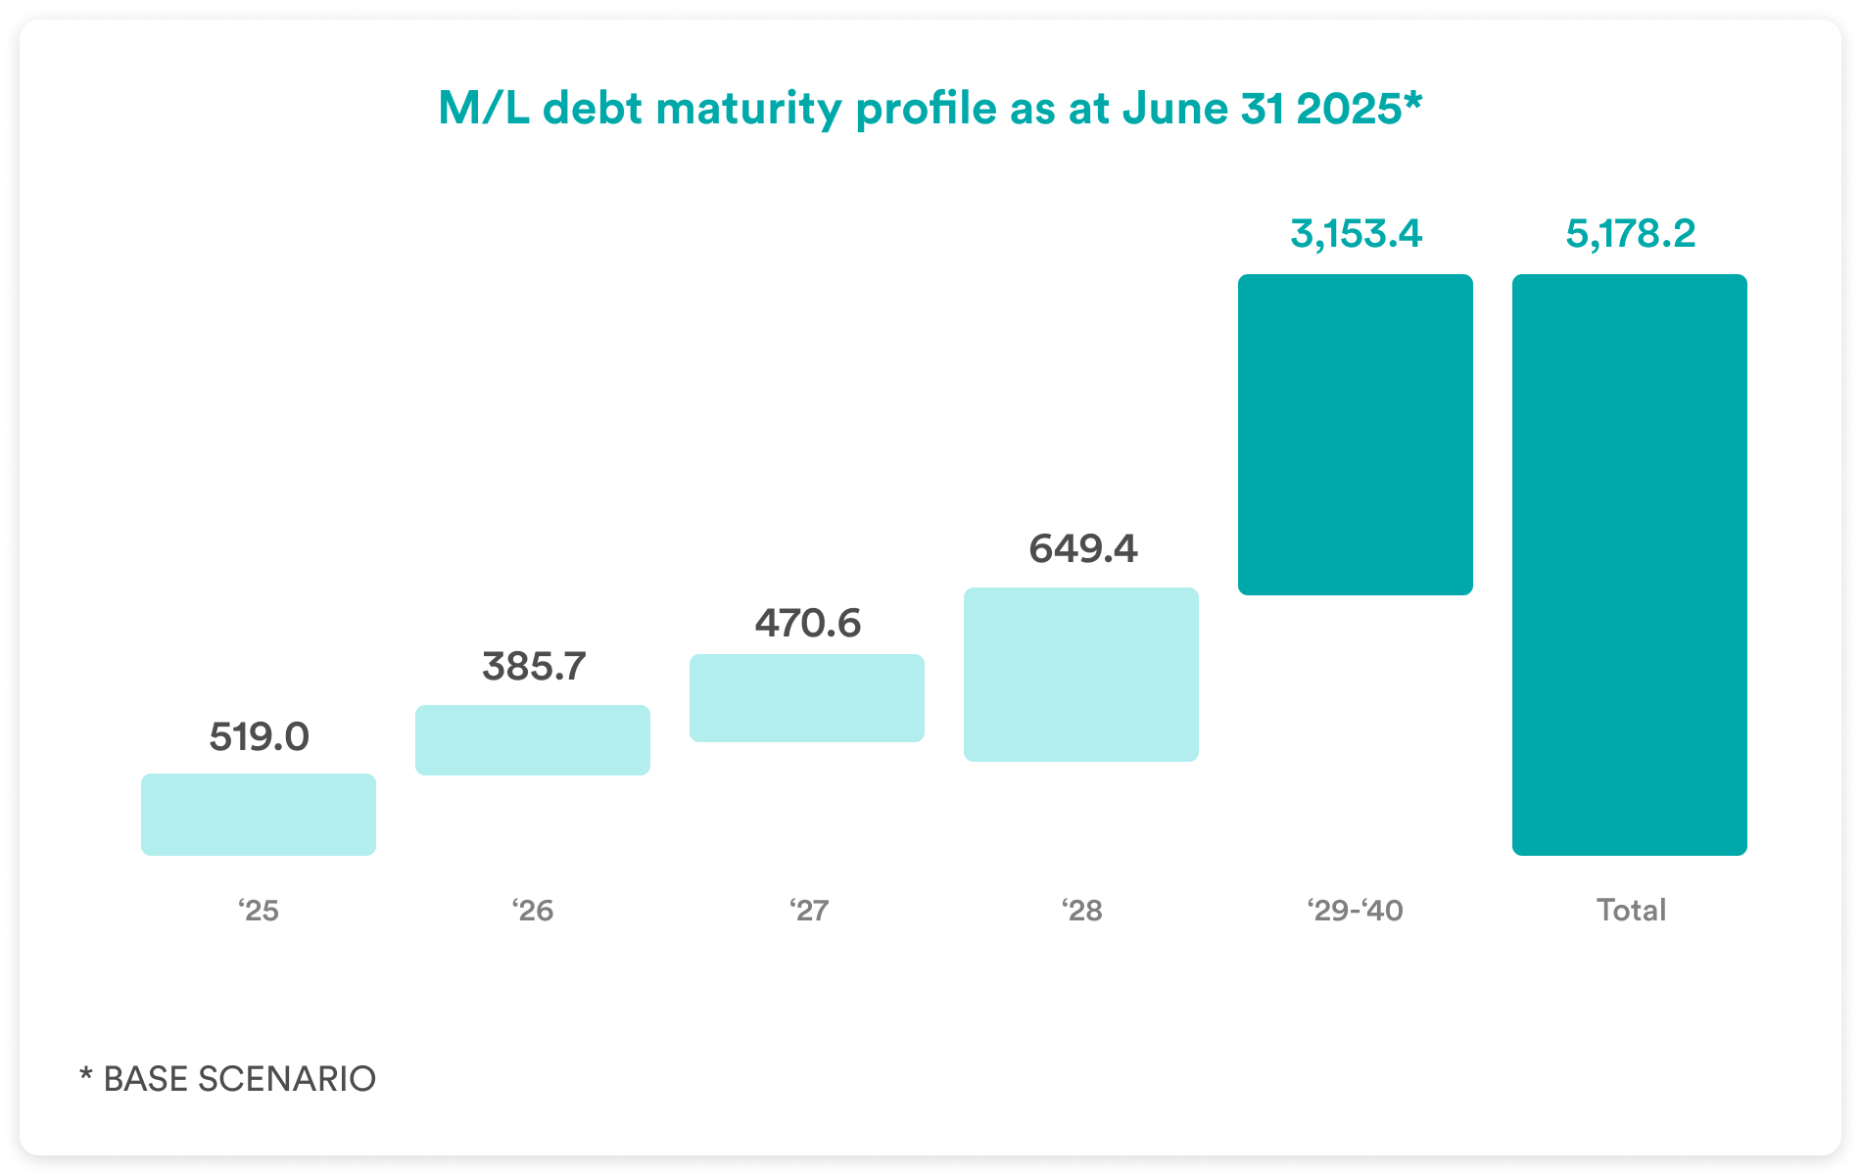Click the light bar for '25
click(x=259, y=815)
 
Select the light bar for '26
click(x=533, y=740)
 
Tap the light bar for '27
click(x=807, y=698)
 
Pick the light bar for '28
click(x=1081, y=675)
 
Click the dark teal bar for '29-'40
click(x=1356, y=435)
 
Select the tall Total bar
click(x=1630, y=565)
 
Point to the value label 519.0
click(x=259, y=737)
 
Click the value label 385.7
click(x=534, y=667)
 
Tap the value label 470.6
click(x=807, y=624)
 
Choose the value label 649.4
click(x=1082, y=549)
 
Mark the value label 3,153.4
click(x=1356, y=234)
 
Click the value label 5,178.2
click(x=1630, y=234)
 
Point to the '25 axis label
click(x=259, y=911)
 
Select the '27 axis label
click(x=809, y=911)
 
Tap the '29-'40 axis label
click(x=1355, y=911)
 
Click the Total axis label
click(x=1631, y=911)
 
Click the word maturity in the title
click(x=749, y=109)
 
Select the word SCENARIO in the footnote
click(x=287, y=1079)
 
